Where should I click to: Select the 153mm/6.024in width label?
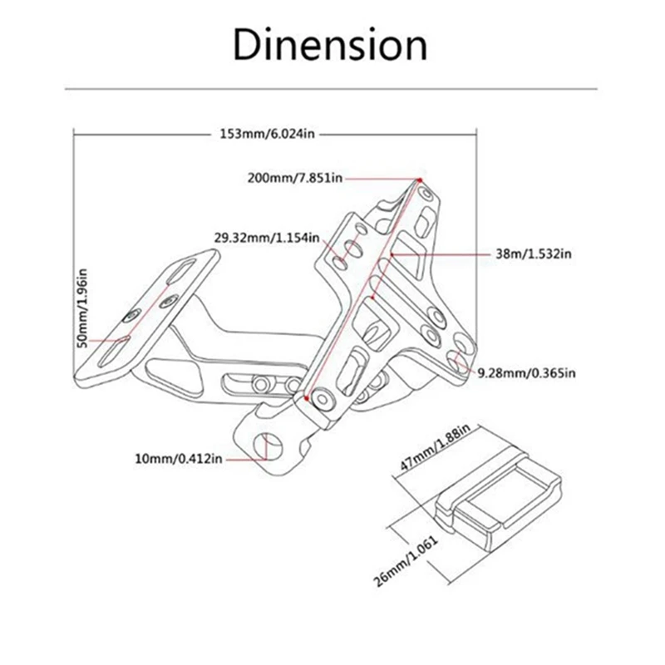point(268,134)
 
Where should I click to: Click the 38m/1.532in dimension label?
point(531,254)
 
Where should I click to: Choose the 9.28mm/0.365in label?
point(525,373)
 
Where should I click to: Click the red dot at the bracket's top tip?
point(419,179)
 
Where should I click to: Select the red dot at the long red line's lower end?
point(308,400)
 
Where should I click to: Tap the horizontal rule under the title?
point(332,86)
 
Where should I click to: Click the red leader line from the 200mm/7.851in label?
point(378,178)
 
